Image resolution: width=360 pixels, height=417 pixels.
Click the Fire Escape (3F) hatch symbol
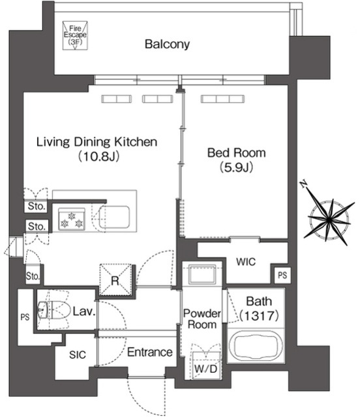[x=75, y=36]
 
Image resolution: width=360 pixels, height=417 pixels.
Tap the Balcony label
[x=167, y=44]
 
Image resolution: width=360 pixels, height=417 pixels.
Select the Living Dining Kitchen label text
[x=97, y=142]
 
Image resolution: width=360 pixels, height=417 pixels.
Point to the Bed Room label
[x=237, y=153]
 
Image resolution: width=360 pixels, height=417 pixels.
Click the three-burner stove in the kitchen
[x=72, y=219]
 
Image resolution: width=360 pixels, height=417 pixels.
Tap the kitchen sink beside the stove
[x=114, y=217]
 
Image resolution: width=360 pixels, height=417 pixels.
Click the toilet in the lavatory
[x=52, y=310]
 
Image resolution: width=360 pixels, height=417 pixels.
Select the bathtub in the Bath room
[x=256, y=346]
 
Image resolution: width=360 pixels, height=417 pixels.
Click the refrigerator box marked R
[x=115, y=280]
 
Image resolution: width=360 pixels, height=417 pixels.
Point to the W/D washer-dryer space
[x=206, y=365]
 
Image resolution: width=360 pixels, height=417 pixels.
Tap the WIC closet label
[x=246, y=262]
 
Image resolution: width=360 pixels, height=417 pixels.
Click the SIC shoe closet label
[x=78, y=354]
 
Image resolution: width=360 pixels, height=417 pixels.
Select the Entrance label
[x=150, y=352]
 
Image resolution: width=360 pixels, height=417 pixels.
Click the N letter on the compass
[x=303, y=184]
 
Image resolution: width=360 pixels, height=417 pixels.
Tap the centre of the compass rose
[x=329, y=220]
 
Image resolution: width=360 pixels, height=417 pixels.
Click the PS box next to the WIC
[x=282, y=275]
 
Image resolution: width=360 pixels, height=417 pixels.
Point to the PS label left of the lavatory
[x=25, y=317]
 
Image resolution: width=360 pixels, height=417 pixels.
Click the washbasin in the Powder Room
[x=202, y=274]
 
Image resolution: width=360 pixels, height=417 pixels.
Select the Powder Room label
[x=202, y=319]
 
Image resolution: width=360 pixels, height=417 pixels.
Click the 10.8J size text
[x=98, y=156]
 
